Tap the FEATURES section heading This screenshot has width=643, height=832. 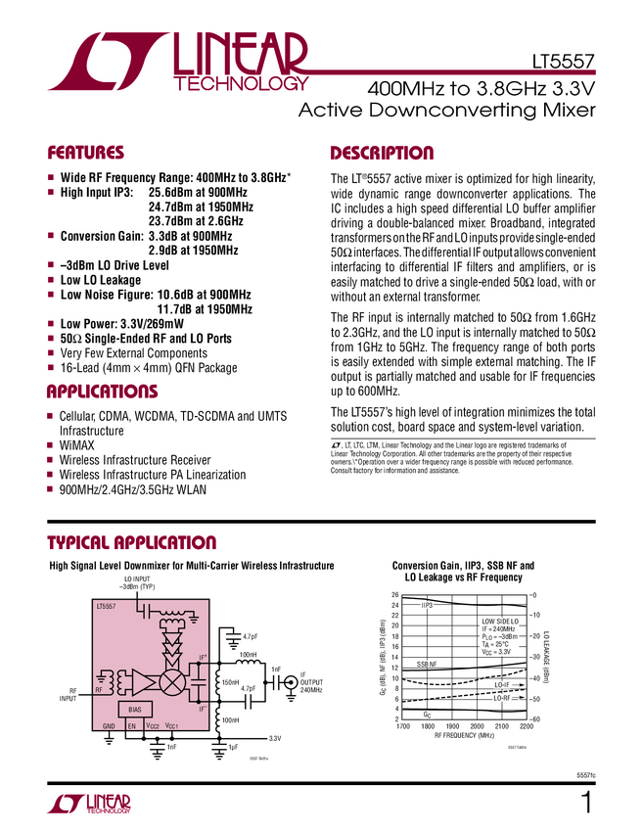point(86,154)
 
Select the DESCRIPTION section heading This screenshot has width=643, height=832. point(382,154)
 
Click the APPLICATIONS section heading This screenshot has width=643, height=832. point(102,393)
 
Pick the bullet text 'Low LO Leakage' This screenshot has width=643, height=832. point(101,280)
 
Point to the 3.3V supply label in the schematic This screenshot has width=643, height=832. point(275,739)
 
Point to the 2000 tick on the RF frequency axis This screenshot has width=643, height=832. point(477,726)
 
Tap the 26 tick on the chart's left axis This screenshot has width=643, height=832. point(394,595)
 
